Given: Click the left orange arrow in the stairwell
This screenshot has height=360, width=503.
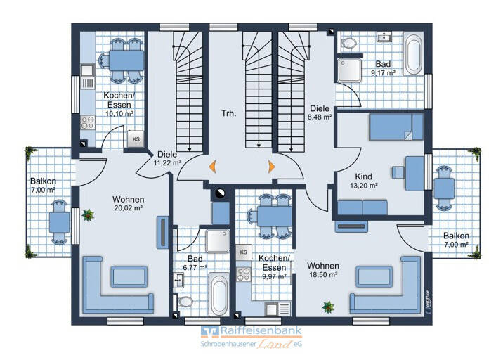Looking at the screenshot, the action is (x=212, y=167).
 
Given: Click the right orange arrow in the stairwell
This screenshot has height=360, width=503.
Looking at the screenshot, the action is (x=272, y=167).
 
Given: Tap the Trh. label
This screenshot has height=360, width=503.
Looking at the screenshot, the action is (x=229, y=113).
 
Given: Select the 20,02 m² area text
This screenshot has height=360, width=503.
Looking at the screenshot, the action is (x=129, y=208).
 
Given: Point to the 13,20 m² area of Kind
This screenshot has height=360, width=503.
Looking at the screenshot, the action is (x=363, y=186).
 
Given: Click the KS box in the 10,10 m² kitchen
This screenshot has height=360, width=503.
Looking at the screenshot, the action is (x=136, y=139).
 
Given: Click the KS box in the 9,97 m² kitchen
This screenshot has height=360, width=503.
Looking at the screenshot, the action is (x=244, y=252).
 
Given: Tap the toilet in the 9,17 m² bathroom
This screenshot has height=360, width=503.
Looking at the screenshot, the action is (x=349, y=43).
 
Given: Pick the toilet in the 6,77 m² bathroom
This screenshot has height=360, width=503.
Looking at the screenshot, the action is (x=185, y=302).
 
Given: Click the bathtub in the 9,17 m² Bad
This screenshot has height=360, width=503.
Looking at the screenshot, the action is (x=413, y=54).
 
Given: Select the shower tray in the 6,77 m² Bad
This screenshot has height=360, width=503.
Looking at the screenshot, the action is (x=218, y=241).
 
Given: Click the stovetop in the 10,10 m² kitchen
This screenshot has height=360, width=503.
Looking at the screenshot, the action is (x=88, y=122).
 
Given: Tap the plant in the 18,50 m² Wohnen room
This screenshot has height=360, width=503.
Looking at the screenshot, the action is (x=328, y=307).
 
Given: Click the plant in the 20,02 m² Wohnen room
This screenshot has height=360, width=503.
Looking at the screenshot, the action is (x=88, y=215).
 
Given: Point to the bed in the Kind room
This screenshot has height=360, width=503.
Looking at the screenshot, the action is (x=396, y=127).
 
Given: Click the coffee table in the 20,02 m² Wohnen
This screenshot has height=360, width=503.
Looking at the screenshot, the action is (x=129, y=276).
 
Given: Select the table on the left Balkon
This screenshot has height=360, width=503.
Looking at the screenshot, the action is (x=59, y=222).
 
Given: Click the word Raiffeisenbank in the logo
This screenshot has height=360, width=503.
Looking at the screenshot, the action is (x=261, y=330).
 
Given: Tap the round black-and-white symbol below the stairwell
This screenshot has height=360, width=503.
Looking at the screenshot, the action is (x=221, y=193).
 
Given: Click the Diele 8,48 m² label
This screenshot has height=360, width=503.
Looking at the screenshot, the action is (x=320, y=112).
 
